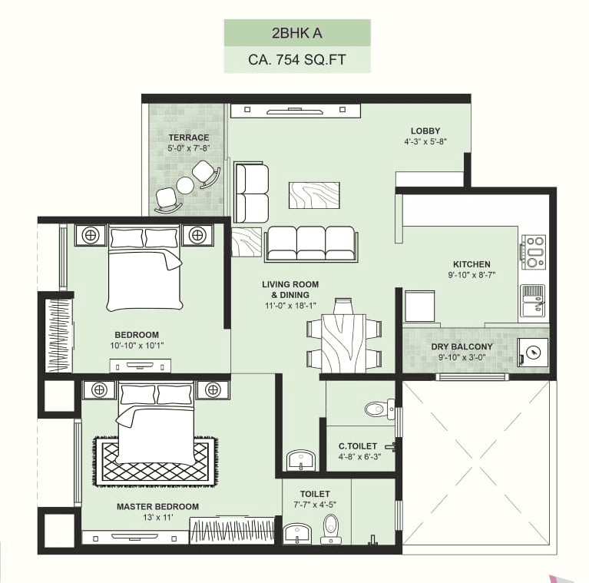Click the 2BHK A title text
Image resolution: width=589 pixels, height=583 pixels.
pyautogui.click(x=297, y=33)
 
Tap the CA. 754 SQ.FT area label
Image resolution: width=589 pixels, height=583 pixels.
pyautogui.click(x=297, y=59)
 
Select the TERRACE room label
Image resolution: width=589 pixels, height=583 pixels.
pyautogui.click(x=189, y=137)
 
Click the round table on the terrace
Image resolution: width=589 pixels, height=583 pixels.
pyautogui.click(x=186, y=185)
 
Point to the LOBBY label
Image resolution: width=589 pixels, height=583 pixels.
pyautogui.click(x=425, y=131)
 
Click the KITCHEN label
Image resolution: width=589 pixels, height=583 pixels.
pyautogui.click(x=472, y=264)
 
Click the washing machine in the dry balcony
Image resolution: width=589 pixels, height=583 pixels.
pyautogui.click(x=533, y=353)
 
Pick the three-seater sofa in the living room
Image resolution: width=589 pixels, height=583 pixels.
pyautogui.click(x=310, y=243)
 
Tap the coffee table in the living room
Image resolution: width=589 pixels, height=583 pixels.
pyautogui.click(x=313, y=194)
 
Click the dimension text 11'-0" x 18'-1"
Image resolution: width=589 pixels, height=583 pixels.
pyautogui.click(x=290, y=306)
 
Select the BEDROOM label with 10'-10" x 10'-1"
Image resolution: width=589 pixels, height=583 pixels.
pyautogui.click(x=137, y=335)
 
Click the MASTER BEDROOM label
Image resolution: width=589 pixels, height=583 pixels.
pyautogui.click(x=157, y=507)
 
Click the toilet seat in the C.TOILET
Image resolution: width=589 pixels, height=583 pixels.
pyautogui.click(x=377, y=409)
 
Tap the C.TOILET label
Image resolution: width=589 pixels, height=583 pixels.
pyautogui.click(x=358, y=446)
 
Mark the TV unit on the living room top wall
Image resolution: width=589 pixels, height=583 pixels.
pyautogui.click(x=296, y=110)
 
